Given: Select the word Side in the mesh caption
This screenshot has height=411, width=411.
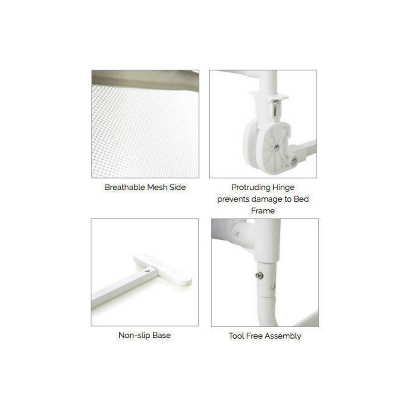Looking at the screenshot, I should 177,188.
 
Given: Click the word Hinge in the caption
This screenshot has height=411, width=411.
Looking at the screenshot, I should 284,188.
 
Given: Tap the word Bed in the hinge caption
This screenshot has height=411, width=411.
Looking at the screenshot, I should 301,199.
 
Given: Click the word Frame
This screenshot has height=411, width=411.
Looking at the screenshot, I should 263,211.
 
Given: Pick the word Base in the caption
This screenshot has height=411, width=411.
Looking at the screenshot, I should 161,336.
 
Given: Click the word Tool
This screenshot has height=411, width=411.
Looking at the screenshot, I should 237,336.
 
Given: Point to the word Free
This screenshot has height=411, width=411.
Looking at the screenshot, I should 256,336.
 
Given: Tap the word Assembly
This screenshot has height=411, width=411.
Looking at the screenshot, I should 284,336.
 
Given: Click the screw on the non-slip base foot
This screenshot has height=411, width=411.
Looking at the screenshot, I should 148,268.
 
